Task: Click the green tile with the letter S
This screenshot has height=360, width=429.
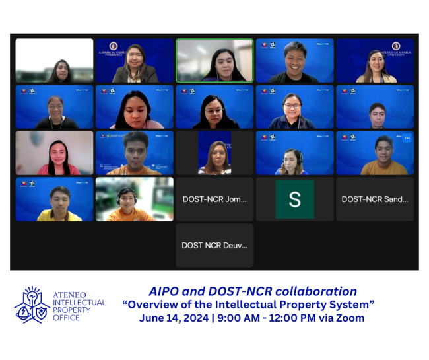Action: (x=294, y=199)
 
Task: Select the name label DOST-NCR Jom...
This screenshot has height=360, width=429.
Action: (x=214, y=199)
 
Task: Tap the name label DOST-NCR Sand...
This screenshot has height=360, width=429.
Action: (x=374, y=199)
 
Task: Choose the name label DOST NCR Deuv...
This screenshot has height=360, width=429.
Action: (x=214, y=245)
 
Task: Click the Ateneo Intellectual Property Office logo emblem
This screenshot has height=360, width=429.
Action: (x=32, y=305)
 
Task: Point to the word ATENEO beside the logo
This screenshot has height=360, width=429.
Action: (x=71, y=295)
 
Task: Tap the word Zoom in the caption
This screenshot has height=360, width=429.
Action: (x=351, y=318)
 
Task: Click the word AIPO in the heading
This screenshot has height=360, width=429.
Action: (x=164, y=291)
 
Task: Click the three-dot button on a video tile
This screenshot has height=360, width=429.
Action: (x=407, y=138)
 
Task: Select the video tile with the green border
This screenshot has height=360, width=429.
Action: (x=214, y=60)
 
